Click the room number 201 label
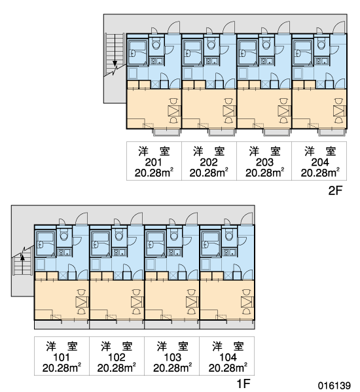(154, 162)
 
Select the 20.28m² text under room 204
(320, 173)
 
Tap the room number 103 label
(173, 357)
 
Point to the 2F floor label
(335, 190)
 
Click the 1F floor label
(243, 383)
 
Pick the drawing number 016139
(334, 385)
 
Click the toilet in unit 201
(156, 44)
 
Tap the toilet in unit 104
(230, 235)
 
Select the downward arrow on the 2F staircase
(115, 50)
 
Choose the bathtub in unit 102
(101, 243)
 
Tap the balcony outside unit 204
(333, 132)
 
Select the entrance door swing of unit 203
(284, 27)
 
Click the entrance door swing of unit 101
(82, 219)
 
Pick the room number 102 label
(117, 357)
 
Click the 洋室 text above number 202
(209, 152)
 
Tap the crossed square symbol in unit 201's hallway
(155, 84)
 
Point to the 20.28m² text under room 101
(62, 368)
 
